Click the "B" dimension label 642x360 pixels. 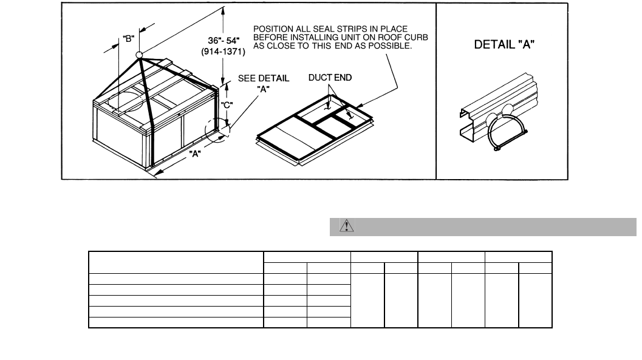click(x=129, y=39)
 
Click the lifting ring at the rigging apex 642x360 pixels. click(x=139, y=55)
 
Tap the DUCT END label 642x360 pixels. click(x=330, y=78)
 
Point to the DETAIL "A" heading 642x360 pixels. click(x=503, y=44)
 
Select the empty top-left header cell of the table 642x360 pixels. click(x=176, y=262)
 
